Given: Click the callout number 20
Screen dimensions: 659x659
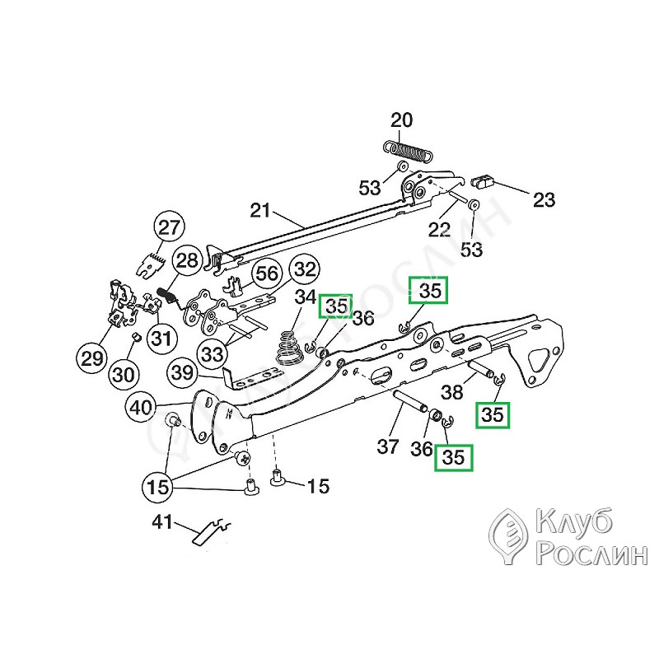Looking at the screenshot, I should (401, 121).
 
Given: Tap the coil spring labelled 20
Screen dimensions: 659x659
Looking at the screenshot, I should (409, 151).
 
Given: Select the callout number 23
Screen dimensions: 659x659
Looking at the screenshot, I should (544, 199).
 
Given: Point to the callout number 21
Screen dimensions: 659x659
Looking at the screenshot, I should (260, 210).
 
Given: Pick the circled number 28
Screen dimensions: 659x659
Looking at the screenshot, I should (188, 263).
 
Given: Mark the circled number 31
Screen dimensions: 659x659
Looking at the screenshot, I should (162, 338).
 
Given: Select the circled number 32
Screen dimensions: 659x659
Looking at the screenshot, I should (305, 269).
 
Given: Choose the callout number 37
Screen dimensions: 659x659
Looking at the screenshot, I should (388, 447).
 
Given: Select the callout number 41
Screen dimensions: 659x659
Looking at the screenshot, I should (163, 521).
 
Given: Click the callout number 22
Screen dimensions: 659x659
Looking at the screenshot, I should (440, 229).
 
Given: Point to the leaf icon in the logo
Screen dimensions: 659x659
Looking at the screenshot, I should (509, 536).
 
